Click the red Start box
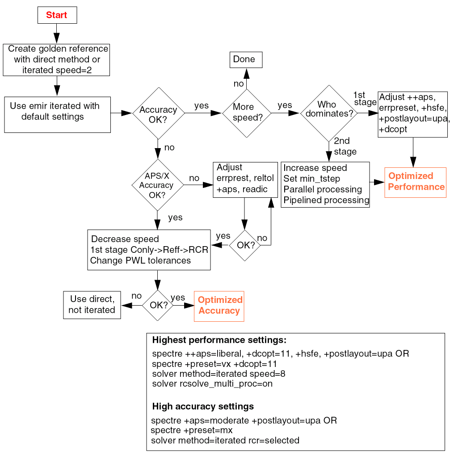click(x=57, y=15)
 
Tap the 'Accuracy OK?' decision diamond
click(x=158, y=113)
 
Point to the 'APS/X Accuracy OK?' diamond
click(x=157, y=185)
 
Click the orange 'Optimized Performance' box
click(x=416, y=182)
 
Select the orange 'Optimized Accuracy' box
click(x=219, y=306)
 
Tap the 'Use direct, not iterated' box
click(x=92, y=305)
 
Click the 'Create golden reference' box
click(x=57, y=60)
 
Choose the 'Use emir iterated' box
click(x=57, y=115)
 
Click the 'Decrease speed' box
click(x=149, y=250)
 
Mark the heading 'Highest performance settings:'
click(x=219, y=340)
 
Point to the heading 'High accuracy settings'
click(x=203, y=407)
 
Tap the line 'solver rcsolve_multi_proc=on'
click(x=212, y=384)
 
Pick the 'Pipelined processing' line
click(x=326, y=200)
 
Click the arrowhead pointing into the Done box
click(x=246, y=73)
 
